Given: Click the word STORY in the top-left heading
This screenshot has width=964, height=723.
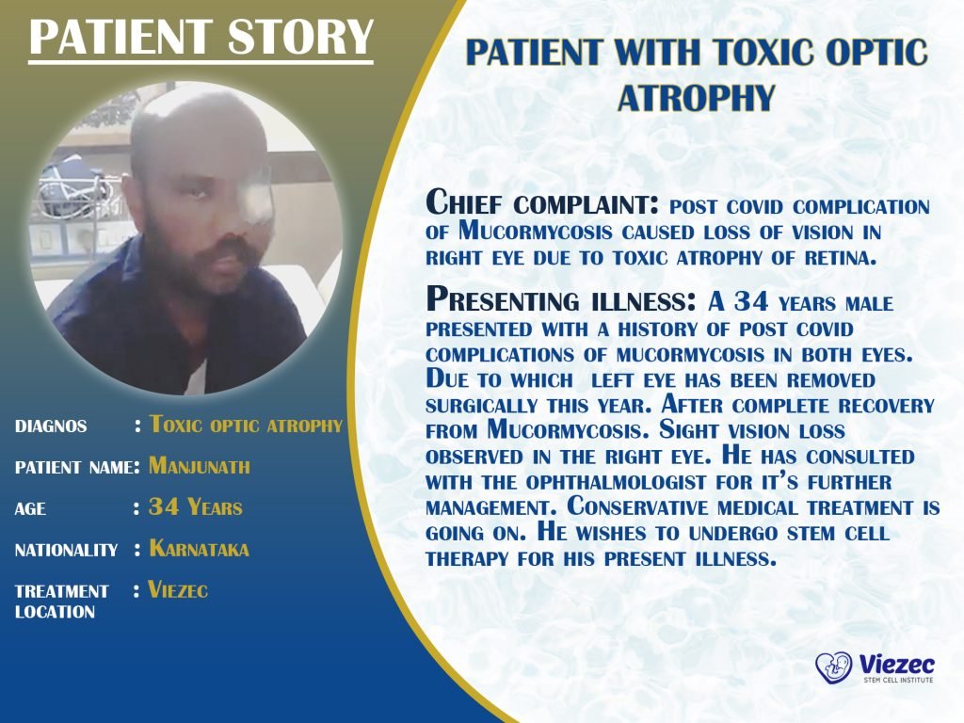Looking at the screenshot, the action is pos(300,37).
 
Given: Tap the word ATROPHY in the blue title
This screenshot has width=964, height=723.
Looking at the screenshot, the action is pos(696,98).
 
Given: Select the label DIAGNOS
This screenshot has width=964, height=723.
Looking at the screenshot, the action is pos(51,426).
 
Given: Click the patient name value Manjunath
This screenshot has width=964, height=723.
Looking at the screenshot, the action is pos(200,465).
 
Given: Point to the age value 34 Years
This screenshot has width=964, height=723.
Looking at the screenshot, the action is pos(196,507).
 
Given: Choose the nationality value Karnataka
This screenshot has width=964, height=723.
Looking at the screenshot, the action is pos(200,549).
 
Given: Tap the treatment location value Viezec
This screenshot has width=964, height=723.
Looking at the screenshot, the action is pos(178,590).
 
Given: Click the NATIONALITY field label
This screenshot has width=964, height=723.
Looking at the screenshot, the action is pos(67,550).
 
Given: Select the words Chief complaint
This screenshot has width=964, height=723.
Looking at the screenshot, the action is pos(541,203).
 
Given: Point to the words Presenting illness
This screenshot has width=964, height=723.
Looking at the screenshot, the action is pos(561,300).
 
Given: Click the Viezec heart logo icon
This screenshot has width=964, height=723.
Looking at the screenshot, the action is pos(834,667).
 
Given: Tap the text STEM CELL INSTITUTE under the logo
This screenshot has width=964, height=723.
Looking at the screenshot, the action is pos(898,680).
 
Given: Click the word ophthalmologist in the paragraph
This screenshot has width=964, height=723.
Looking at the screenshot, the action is pos(616,483).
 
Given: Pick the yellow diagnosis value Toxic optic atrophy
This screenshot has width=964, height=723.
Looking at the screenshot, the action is pos(246,425).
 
